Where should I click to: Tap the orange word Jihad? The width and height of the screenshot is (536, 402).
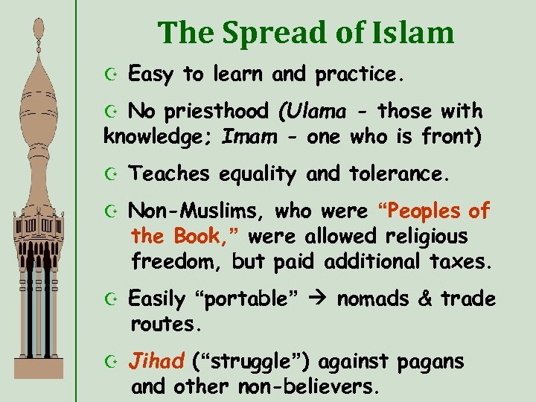click(x=156, y=363)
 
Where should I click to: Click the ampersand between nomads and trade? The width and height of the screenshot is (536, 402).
click(x=425, y=299)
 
